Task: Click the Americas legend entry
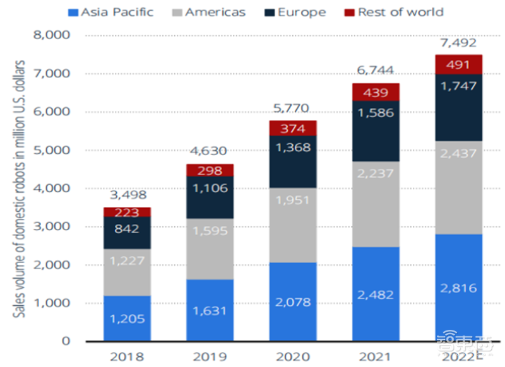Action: click(208, 12)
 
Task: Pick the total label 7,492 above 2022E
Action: click(459, 43)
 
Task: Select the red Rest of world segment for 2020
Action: click(294, 128)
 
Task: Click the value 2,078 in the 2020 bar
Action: click(294, 302)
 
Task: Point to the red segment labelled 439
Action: click(376, 92)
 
